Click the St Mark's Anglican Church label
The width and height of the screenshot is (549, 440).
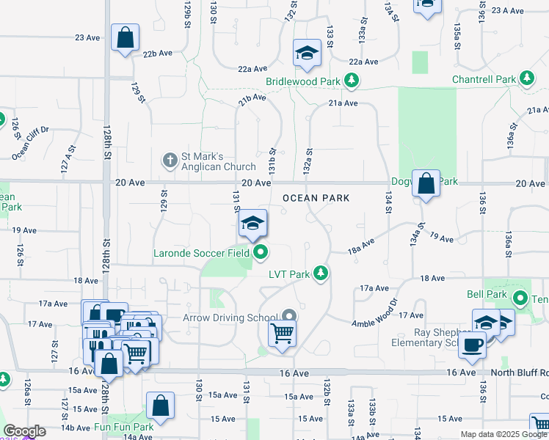(218, 161)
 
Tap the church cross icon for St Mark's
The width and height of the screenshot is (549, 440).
(170, 159)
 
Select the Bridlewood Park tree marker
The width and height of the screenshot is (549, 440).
(352, 80)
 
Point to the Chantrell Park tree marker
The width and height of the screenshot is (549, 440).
(526, 78)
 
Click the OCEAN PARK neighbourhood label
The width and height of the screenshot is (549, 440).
(316, 198)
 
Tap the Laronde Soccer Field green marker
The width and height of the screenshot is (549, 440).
(261, 254)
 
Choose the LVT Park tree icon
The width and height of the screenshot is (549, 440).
(320, 274)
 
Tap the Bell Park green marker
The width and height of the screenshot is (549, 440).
(520, 298)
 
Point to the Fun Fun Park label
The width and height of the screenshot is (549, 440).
(123, 426)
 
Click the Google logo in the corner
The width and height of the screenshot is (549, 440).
(23, 431)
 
